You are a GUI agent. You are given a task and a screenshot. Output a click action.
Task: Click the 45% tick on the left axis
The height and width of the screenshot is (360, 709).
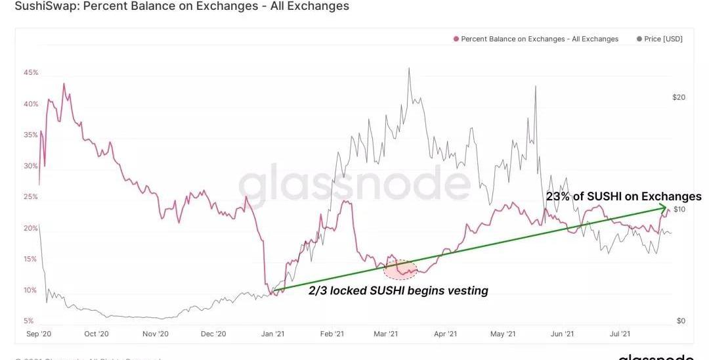pyautogui.click(x=31, y=72)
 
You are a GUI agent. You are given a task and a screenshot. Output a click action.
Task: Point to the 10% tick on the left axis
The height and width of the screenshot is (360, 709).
pyautogui.click(x=31, y=290)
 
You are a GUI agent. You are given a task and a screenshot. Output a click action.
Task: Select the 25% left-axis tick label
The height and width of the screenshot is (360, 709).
pyautogui.click(x=31, y=196)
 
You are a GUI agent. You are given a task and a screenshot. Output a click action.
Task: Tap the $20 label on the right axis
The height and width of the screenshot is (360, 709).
pyautogui.click(x=679, y=97)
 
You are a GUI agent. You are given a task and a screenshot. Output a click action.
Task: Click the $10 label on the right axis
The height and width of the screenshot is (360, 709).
pyautogui.click(x=679, y=209)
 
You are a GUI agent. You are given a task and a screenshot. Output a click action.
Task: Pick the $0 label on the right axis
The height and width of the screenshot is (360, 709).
pyautogui.click(x=681, y=321)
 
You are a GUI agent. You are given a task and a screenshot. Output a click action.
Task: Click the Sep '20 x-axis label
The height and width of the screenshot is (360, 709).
pyautogui.click(x=39, y=334)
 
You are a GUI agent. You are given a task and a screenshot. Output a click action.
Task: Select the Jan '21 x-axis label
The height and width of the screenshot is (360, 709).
pyautogui.click(x=274, y=334)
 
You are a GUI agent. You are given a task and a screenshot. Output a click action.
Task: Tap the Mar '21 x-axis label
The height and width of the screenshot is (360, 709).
pyautogui.click(x=385, y=334)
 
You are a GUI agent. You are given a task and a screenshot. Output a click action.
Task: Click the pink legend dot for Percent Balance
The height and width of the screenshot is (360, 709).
pyautogui.click(x=456, y=39)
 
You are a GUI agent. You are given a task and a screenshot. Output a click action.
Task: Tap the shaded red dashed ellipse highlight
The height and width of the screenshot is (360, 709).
pyautogui.click(x=400, y=269)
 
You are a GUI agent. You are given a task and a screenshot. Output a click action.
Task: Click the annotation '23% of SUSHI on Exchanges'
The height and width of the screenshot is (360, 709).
pyautogui.click(x=623, y=196)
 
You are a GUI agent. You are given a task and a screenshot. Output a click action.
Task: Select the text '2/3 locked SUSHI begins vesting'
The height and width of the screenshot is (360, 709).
pyautogui.click(x=398, y=290)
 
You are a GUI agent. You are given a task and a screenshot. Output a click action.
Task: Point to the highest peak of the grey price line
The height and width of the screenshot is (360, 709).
pyautogui.click(x=409, y=68)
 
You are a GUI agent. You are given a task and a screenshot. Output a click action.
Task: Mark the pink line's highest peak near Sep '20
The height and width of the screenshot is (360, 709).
pyautogui.click(x=64, y=84)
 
